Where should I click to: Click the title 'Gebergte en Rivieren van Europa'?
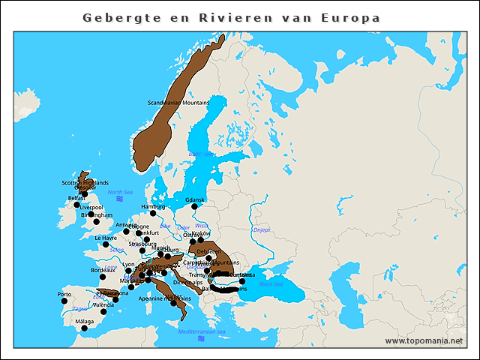(x=231, y=17)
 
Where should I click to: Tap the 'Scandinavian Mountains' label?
(x=178, y=103)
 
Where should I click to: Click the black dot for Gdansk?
(x=194, y=206)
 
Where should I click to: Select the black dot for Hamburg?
(x=153, y=213)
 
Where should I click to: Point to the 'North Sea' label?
(x=119, y=192)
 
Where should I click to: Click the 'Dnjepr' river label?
(x=262, y=230)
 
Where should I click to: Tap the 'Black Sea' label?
(x=271, y=284)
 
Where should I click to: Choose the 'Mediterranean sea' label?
(x=202, y=331)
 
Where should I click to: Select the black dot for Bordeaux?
(x=103, y=276)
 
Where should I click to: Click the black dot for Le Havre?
(x=106, y=244)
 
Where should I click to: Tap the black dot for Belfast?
(x=76, y=205)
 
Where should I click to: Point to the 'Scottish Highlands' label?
(x=85, y=182)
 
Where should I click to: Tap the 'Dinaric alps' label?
(x=187, y=283)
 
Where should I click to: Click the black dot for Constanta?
(x=242, y=281)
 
